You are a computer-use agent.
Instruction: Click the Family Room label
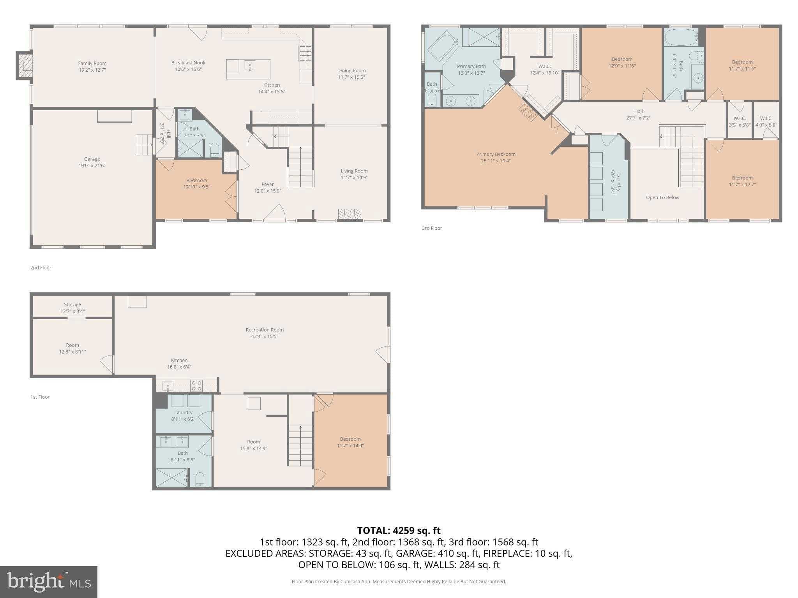pos(92,63)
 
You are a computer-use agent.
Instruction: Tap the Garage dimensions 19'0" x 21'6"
pos(92,165)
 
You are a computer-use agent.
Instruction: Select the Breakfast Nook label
pos(188,63)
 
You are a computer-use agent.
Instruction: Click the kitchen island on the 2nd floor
pos(248,69)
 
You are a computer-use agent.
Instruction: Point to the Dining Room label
pos(351,70)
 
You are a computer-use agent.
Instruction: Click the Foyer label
pos(267,184)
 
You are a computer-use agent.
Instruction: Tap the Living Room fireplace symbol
pos(350,213)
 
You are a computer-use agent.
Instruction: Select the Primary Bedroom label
pos(496,154)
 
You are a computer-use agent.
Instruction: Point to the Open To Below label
pos(662,197)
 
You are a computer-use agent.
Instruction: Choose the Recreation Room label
pos(265,330)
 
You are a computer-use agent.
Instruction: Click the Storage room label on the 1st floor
pos(72,304)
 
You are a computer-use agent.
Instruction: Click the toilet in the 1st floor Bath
pos(199,480)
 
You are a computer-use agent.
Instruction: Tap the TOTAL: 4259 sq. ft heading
pos(399,530)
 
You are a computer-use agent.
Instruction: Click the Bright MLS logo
pos(48,582)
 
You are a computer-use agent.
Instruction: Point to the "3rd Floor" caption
pos(432,228)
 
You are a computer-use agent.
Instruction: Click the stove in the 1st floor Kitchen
pos(196,386)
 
